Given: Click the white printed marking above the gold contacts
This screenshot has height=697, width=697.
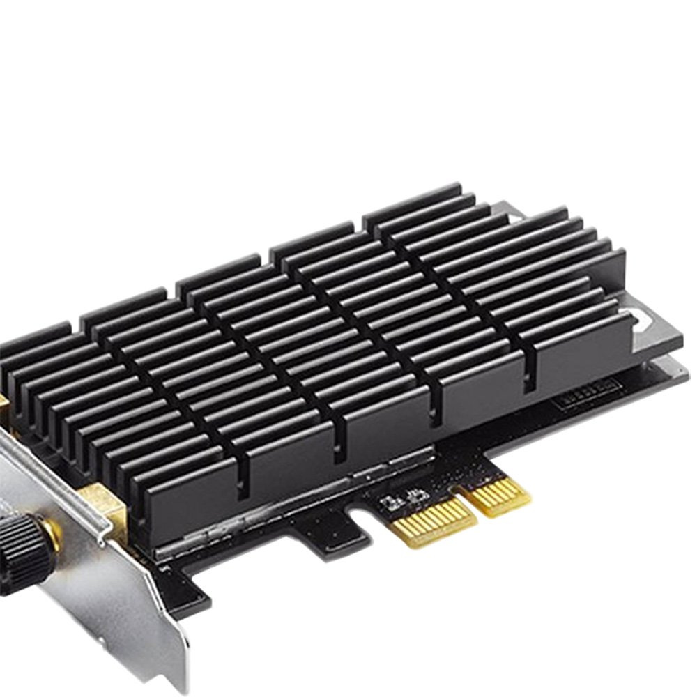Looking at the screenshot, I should (401, 496).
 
